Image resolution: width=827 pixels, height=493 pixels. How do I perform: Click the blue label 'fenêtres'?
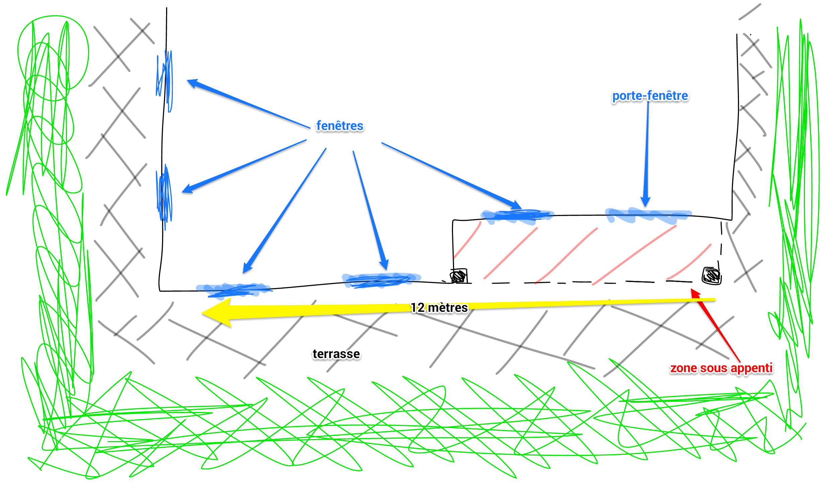click(x=340, y=126)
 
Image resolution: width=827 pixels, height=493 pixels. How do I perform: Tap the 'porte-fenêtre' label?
click(x=650, y=96)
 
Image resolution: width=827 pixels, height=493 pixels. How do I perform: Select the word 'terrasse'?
click(x=336, y=354)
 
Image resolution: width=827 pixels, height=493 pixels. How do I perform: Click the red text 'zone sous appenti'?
click(x=721, y=368)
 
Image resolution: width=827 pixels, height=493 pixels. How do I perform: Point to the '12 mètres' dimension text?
click(x=439, y=308)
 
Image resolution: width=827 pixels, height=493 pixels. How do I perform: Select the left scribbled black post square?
click(x=459, y=276)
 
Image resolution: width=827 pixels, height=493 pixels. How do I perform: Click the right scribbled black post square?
click(x=711, y=276)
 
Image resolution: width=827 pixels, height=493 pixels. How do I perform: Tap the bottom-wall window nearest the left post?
click(x=381, y=280)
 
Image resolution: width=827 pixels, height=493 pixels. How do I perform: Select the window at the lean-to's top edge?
click(x=517, y=216)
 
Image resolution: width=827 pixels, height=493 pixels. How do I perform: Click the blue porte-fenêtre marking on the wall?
click(x=648, y=215)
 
